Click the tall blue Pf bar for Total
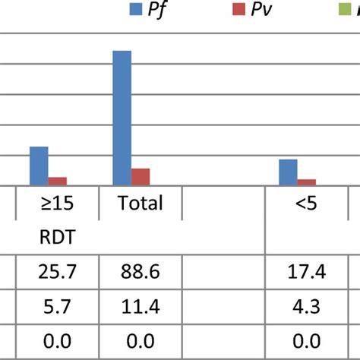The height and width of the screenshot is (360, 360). [122, 118]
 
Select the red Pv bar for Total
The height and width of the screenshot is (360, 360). [141, 176]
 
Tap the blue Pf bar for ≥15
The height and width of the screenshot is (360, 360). [39, 166]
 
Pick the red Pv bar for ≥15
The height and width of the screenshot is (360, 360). [58, 181]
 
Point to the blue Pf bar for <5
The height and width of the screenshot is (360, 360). [288, 172]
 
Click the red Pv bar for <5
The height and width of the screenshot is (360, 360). [307, 182]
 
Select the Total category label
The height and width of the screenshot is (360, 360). [140, 204]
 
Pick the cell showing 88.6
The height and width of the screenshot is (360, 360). [140, 272]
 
